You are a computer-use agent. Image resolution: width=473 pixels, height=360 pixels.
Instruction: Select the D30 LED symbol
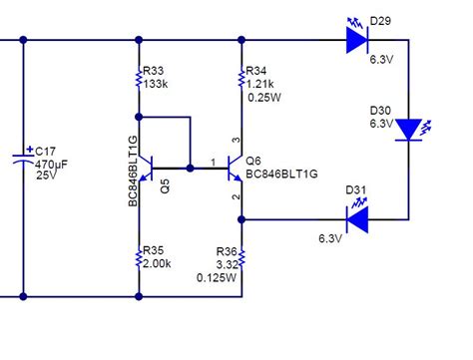pos(409,131)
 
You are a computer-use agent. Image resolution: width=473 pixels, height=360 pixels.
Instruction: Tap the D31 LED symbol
pos(356,215)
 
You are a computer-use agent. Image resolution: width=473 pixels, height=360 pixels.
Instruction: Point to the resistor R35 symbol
pos(139,257)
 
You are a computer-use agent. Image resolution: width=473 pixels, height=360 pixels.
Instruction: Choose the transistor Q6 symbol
pos(236,168)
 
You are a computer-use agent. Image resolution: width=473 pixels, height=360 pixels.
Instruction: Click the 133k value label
pos(156,85)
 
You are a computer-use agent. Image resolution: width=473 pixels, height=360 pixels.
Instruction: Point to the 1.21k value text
pos(261,85)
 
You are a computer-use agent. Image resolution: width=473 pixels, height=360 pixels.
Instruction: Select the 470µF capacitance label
pos(53,163)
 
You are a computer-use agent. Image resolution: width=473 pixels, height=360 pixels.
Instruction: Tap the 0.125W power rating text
pos(217,277)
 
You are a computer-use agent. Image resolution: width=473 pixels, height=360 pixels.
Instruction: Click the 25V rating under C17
pos(46,176)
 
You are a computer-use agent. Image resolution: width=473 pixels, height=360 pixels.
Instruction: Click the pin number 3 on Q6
pos(236,140)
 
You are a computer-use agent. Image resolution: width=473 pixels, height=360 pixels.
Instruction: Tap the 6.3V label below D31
pos(331,238)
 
